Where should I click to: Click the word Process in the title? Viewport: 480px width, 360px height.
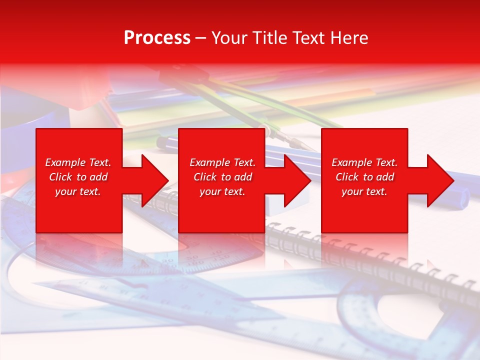pyautogui.click(x=157, y=38)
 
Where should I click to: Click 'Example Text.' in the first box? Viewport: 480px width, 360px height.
pyautogui.click(x=78, y=162)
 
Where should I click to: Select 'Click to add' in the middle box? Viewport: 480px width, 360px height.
pyautogui.click(x=222, y=177)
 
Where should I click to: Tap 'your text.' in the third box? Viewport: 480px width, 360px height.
pyautogui.click(x=364, y=191)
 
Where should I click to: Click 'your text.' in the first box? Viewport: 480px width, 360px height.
pyautogui.click(x=78, y=191)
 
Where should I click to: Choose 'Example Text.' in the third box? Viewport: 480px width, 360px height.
pyautogui.click(x=364, y=162)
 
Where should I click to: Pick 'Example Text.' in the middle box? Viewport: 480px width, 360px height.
pyautogui.click(x=222, y=162)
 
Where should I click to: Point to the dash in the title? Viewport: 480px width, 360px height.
pyautogui.click(x=201, y=38)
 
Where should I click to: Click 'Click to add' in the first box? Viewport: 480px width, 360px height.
pyautogui.click(x=78, y=177)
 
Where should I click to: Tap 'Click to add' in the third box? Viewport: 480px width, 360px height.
pyautogui.click(x=364, y=177)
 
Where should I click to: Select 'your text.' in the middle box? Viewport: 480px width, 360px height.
pyautogui.click(x=222, y=191)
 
